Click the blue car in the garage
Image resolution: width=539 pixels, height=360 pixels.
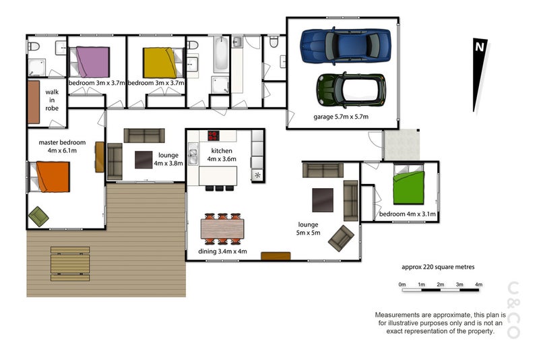[346, 46]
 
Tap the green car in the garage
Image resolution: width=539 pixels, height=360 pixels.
[351, 90]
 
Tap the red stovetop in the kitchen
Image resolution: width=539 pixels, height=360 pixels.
[214, 136]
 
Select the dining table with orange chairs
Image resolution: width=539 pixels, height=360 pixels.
[222, 229]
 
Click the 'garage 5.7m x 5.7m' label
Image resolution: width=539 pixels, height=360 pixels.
[341, 117]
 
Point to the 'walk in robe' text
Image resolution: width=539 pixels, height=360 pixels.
[52, 100]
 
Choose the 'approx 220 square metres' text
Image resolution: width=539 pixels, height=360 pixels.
[438, 267]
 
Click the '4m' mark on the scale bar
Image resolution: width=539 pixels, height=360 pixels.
[478, 284]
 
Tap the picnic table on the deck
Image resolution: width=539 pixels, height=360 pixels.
[70, 264]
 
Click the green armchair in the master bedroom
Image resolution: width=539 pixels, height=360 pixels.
[38, 216]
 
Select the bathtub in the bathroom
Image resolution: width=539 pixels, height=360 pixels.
[221, 55]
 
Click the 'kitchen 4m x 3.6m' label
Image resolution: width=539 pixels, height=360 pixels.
[222, 155]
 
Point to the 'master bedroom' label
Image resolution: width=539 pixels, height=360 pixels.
[62, 142]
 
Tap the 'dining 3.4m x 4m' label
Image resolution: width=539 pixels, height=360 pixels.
[222, 251]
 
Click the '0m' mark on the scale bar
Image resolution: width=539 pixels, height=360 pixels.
[402, 284]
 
